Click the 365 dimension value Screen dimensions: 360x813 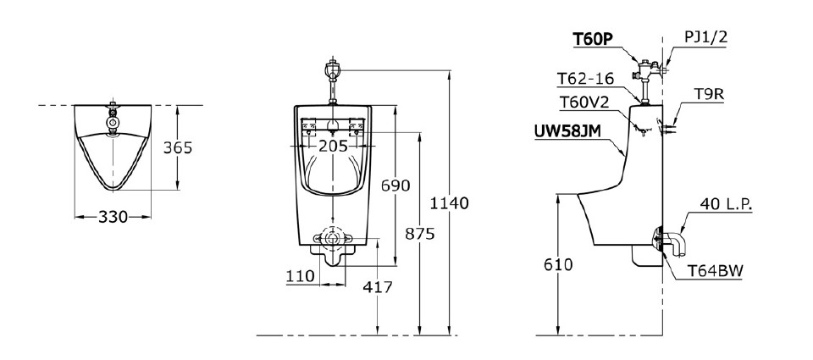coord(178,147)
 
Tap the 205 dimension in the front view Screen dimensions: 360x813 coord(334,147)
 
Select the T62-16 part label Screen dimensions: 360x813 coord(583,79)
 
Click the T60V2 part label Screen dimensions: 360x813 coord(583,102)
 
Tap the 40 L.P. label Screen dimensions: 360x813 coord(727,203)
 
